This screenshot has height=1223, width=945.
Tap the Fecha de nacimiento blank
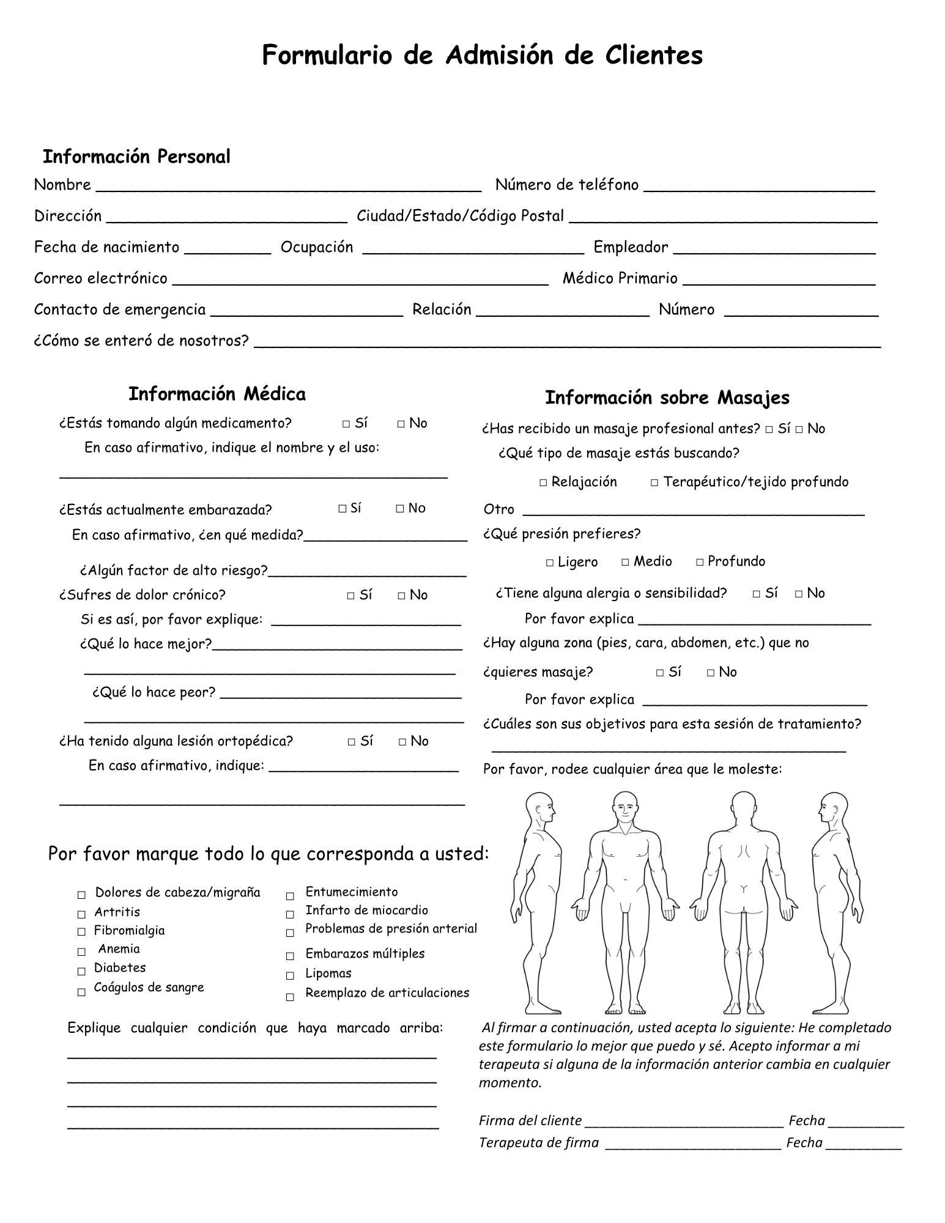[227, 251]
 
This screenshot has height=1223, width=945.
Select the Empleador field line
[774, 251]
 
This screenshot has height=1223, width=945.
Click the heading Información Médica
[217, 394]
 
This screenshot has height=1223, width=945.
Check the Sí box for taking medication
[346, 424]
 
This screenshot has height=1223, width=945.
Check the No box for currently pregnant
[400, 509]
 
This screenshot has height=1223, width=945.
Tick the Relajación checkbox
[543, 483]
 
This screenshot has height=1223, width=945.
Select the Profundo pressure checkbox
[700, 562]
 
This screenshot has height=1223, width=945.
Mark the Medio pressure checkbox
[625, 562]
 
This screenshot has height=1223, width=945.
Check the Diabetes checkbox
[81, 971]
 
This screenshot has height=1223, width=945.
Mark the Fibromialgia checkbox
[81, 932]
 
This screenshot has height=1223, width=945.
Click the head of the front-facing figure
[624, 808]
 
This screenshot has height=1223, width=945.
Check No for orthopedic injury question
[402, 742]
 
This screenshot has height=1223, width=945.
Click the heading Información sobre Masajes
[667, 397]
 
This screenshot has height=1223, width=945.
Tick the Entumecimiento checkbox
[290, 896]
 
